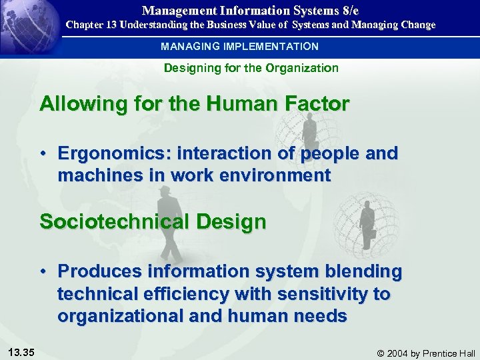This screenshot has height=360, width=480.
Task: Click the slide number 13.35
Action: coord(23,352)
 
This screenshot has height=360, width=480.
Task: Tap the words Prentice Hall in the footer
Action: coord(449,353)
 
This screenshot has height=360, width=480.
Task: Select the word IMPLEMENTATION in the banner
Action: coord(265,47)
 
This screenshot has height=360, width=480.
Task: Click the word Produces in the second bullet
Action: coord(98,272)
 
